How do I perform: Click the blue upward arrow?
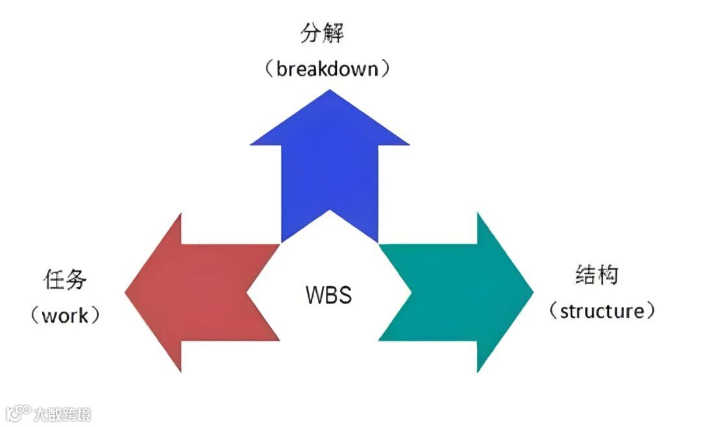coord(329,169)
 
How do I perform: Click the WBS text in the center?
coord(328,294)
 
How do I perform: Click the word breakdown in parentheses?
coord(327,69)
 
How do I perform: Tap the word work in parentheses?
coord(65,316)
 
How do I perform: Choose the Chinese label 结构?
coord(597,274)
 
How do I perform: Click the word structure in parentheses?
coord(601,311)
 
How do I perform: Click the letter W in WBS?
coord(314,294)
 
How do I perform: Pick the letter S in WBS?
coord(345,294)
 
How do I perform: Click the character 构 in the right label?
coord(608,274)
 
